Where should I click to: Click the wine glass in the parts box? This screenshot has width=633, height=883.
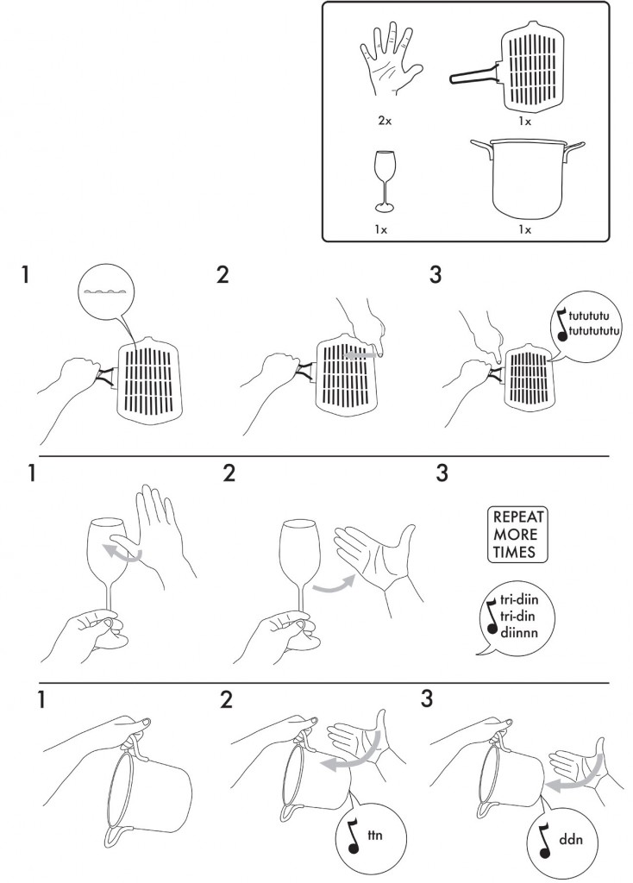[x=385, y=181]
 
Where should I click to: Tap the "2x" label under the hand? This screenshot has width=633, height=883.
[x=385, y=121]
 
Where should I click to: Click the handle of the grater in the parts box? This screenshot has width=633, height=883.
[x=474, y=75]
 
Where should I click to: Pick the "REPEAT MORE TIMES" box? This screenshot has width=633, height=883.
[x=517, y=534]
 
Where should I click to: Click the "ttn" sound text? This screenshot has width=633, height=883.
[x=374, y=834]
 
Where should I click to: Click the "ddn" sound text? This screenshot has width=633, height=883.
[x=571, y=840]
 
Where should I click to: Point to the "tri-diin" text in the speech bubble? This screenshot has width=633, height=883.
[x=518, y=600]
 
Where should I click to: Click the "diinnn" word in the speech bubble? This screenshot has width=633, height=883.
[x=518, y=632]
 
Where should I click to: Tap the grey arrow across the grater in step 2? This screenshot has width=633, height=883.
[x=361, y=355]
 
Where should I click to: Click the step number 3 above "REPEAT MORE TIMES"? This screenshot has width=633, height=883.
[x=442, y=473]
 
